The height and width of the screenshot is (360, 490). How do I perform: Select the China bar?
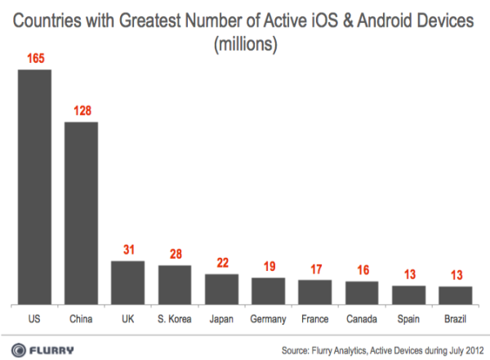[x=82, y=212]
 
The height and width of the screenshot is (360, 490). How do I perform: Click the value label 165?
[x=35, y=59]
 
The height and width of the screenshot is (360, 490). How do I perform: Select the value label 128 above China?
[x=82, y=111]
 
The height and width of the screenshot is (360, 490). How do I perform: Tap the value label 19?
[x=268, y=266]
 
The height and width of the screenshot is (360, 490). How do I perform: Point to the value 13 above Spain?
[x=408, y=273]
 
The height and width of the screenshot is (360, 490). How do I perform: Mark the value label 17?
[x=314, y=269]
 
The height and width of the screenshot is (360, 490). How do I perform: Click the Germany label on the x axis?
[x=268, y=318]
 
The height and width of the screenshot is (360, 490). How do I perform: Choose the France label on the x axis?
[x=314, y=318]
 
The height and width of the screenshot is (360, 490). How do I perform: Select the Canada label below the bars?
[x=362, y=318]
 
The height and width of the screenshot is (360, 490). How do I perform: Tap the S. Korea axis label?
[x=175, y=318]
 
